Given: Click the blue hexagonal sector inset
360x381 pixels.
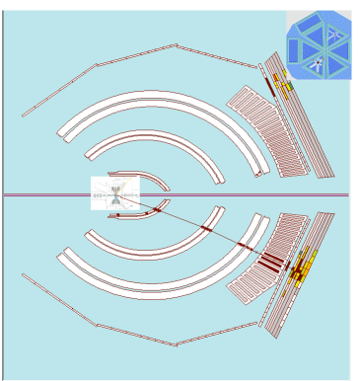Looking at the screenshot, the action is tap(319, 44).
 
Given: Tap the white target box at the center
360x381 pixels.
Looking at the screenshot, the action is tap(114, 192).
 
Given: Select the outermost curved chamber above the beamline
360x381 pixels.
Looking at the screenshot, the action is tap(158, 98).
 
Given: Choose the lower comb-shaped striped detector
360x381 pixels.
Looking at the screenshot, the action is tap(258, 259).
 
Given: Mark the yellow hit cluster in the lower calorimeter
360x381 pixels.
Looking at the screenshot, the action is tap(300, 265).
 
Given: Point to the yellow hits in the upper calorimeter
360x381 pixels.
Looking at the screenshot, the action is tap(285, 87).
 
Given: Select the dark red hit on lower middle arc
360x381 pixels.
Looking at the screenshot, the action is tap(206, 229).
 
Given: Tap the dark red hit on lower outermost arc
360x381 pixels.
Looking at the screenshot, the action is tap(244, 246).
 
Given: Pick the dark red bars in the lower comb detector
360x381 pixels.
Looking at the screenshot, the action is tap(269, 260).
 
